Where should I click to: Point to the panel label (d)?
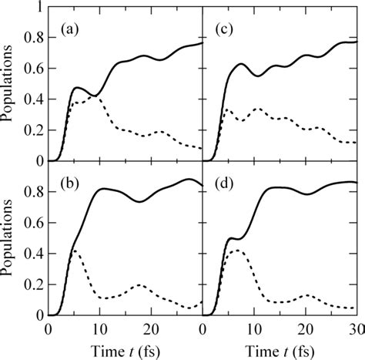coord(223,183)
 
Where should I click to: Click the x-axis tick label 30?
coord(355,329)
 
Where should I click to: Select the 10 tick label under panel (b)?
coord(99,329)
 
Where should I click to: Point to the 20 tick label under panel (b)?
coord(150,329)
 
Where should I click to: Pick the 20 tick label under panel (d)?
coord(304,329)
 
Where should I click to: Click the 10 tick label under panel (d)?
coord(253,329)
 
